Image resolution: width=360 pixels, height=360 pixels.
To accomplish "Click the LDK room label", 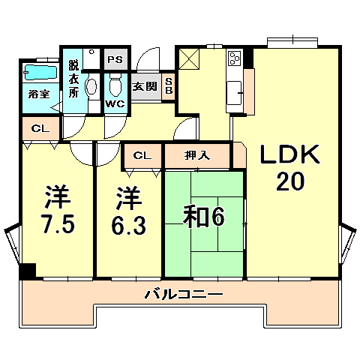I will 290,155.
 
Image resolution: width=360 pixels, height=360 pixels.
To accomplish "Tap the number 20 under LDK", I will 290,182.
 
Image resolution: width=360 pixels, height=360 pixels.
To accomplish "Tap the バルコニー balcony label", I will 183,295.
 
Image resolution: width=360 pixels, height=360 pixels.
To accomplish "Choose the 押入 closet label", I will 197,156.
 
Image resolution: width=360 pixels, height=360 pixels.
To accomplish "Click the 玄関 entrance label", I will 145,86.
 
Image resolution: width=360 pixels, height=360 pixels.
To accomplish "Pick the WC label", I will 115,103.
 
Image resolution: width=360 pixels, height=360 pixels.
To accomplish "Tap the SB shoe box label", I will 169,85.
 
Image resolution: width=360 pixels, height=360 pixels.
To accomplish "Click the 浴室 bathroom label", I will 39,94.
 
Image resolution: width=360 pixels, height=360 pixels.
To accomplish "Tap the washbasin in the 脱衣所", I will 91,87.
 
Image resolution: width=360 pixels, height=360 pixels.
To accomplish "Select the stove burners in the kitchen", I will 233,58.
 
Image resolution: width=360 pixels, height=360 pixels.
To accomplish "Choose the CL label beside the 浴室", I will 40,129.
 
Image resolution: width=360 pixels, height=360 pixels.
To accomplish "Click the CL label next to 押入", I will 140,156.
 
